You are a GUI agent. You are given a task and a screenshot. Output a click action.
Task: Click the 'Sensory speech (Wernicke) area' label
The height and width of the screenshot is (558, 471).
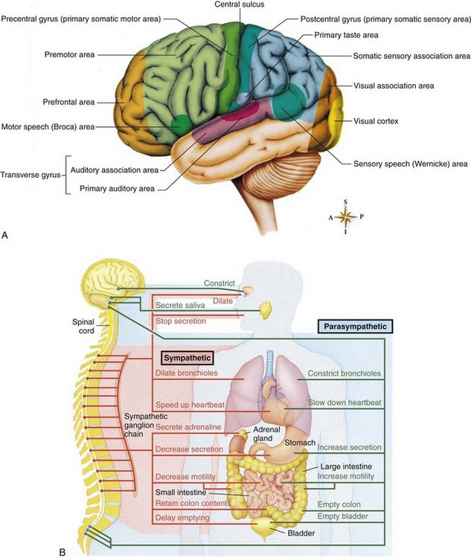click(406, 163)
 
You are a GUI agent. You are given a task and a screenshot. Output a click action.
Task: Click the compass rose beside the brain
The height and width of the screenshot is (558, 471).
click(345, 216)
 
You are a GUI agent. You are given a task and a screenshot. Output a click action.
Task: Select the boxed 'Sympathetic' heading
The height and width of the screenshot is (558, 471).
click(183, 357)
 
